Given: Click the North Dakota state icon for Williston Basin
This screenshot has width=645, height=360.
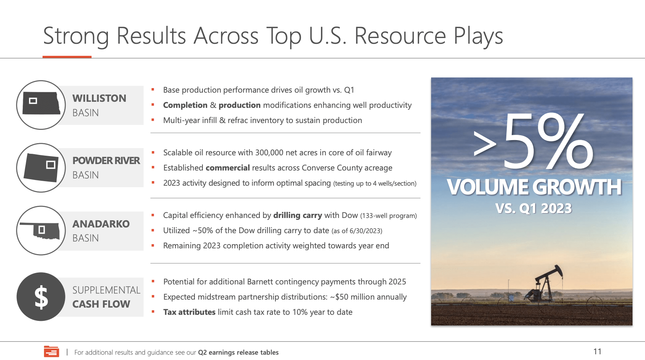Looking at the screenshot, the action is pyautogui.click(x=41, y=103).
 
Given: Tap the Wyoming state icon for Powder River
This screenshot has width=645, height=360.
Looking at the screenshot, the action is pyautogui.click(x=41, y=167).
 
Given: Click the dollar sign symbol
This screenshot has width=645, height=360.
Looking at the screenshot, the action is pyautogui.click(x=41, y=297).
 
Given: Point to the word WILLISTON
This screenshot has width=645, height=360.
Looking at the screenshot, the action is pyautogui.click(x=100, y=98).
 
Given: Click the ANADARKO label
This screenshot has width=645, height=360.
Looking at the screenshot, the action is pyautogui.click(x=101, y=224).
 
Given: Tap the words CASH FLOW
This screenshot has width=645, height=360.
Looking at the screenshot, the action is pyautogui.click(x=101, y=304).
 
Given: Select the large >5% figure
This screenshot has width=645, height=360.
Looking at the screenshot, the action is pyautogui.click(x=533, y=141).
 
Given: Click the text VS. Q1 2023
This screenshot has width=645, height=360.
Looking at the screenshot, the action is pyautogui.click(x=534, y=208).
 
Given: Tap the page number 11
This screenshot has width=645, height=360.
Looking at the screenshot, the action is pyautogui.click(x=597, y=351).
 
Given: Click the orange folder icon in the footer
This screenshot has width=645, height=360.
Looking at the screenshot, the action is pyautogui.click(x=52, y=351).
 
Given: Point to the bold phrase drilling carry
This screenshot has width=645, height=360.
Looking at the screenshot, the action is pyautogui.click(x=297, y=215).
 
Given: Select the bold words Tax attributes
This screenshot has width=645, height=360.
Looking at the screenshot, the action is pyautogui.click(x=189, y=312).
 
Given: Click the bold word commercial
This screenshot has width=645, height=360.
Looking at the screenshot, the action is pyautogui.click(x=228, y=168).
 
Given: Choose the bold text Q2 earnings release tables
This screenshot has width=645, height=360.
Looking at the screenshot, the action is pyautogui.click(x=238, y=352).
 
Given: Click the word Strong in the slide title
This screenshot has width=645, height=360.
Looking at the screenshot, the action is pyautogui.click(x=76, y=36).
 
